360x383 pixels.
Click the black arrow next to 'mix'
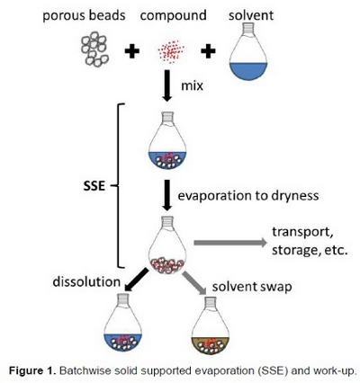168,87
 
